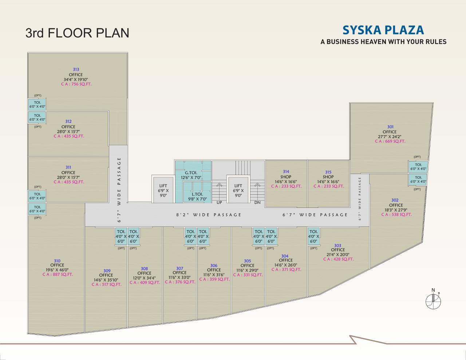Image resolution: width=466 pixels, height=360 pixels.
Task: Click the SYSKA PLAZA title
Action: (383, 30)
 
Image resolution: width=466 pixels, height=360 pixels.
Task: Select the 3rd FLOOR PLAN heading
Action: (77, 33)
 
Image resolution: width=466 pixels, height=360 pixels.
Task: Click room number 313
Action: (76, 69)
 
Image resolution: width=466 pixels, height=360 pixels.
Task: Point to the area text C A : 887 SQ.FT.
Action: (58, 274)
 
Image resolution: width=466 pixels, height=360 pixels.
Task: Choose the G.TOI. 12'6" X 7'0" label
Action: (193, 175)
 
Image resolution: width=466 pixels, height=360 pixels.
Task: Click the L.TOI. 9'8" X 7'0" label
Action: (197, 197)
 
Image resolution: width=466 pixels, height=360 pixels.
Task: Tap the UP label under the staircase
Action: (219, 202)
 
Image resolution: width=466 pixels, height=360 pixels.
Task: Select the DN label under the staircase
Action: (257, 202)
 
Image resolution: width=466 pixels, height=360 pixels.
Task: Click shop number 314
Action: (286, 171)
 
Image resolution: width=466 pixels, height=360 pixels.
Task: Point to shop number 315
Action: (328, 172)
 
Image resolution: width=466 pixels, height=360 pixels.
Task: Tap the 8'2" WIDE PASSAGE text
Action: (209, 215)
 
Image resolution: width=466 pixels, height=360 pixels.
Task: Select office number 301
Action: (390, 127)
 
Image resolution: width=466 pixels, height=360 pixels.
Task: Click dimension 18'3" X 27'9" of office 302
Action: (396, 210)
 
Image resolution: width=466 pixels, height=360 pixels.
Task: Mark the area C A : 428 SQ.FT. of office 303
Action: (338, 259)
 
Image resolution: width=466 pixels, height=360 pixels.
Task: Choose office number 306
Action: (214, 265)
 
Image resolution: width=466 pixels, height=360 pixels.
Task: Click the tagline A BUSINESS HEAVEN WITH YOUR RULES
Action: (383, 41)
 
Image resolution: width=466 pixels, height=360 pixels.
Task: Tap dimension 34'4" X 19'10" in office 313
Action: (76, 79)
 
